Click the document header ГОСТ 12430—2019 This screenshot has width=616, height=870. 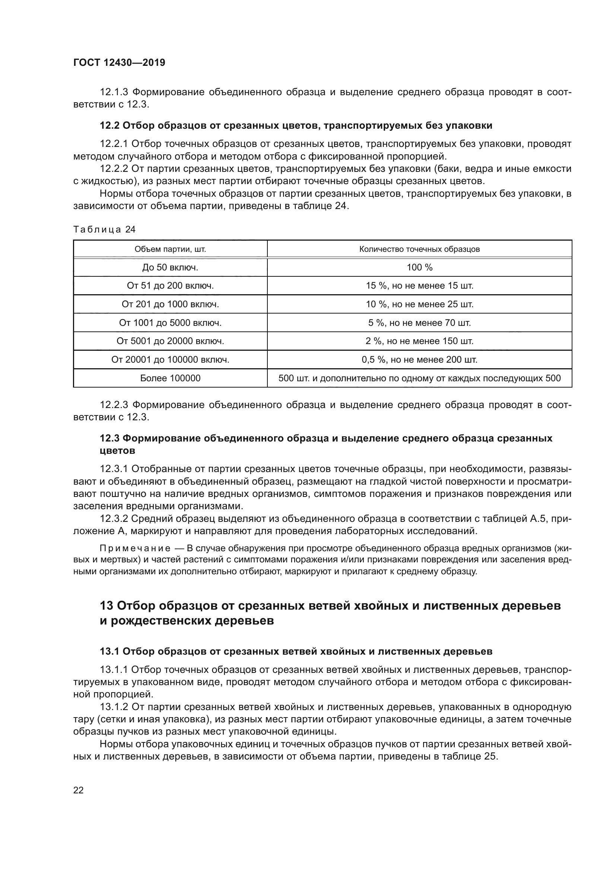point(119,62)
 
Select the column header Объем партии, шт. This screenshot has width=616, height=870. point(170,249)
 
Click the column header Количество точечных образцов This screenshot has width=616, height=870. point(419,249)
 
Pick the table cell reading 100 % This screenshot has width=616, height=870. point(419,267)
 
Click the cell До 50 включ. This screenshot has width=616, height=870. point(170,267)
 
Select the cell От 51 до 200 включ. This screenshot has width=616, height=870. point(170,286)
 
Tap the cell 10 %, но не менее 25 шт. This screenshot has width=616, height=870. point(419,304)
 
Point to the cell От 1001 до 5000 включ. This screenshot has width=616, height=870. point(170,323)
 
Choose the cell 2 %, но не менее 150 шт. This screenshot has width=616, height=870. point(419,341)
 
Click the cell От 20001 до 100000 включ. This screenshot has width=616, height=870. point(170,360)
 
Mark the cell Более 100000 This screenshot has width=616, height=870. point(170,378)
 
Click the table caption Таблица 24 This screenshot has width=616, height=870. point(104,229)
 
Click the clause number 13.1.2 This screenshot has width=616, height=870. point(114,707)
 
